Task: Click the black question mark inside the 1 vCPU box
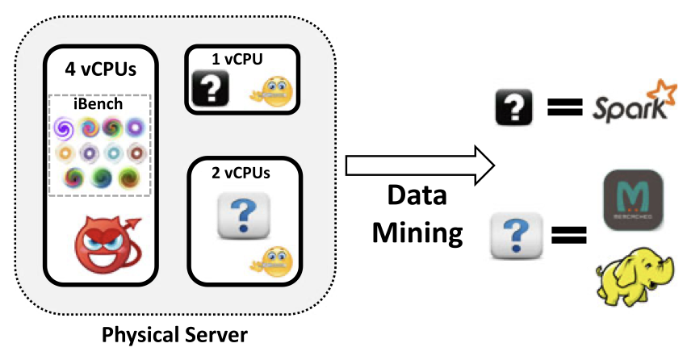click(211, 87)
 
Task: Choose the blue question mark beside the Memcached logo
click(516, 236)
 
